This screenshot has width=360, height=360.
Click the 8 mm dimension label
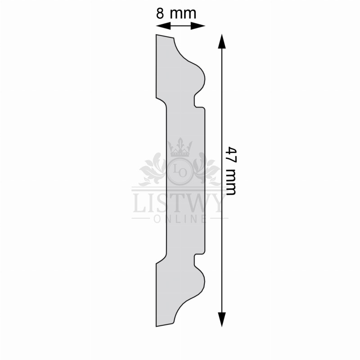[x=176, y=13]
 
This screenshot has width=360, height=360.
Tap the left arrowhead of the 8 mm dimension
[x=163, y=26]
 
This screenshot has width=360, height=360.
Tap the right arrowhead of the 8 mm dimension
[x=198, y=26]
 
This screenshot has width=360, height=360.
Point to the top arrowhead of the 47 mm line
[x=222, y=41]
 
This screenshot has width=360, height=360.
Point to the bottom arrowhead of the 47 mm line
[x=222, y=319]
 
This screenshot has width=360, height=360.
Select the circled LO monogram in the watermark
[x=180, y=171]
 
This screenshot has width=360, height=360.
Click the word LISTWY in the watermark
[x=178, y=203]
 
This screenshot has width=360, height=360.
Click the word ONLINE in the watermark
[x=180, y=219]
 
